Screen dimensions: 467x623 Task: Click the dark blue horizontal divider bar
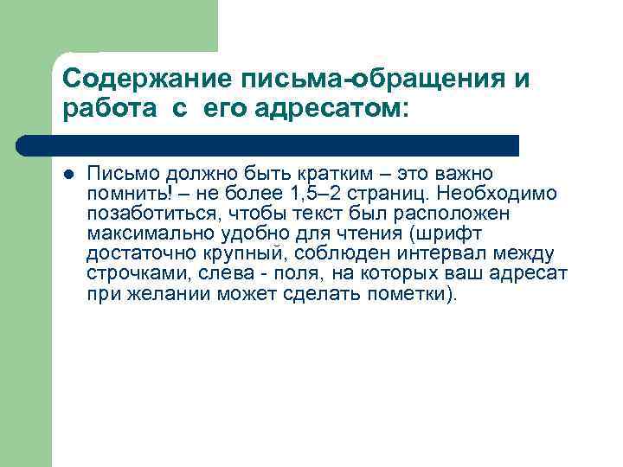coord(268,145)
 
